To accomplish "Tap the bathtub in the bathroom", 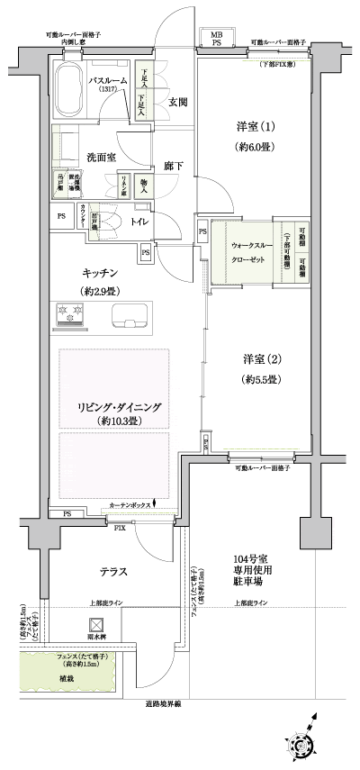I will point(69,87).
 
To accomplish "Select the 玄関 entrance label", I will point(177,104).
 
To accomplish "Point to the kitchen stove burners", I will point(71,314).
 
